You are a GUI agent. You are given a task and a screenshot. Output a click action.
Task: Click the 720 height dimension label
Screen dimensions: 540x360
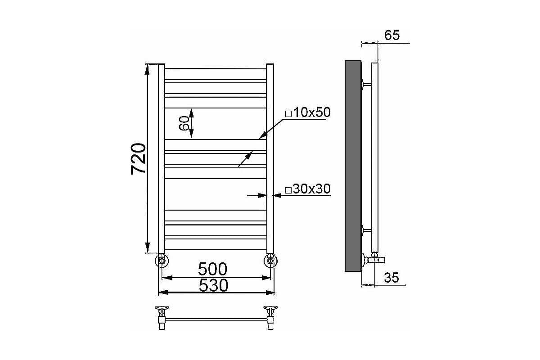point(139,159)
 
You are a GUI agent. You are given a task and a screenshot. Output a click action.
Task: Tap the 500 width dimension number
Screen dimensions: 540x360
point(212,269)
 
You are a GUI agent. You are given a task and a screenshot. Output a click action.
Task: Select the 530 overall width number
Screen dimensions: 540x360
point(213,285)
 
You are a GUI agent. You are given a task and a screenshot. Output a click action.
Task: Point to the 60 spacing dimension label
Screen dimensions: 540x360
point(184,123)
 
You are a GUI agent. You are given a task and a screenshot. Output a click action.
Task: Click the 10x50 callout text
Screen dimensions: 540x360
point(312,112)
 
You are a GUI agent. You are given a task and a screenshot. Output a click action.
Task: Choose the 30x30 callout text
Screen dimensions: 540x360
point(311,189)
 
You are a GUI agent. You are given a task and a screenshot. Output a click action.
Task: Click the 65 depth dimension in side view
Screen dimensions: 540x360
point(392,35)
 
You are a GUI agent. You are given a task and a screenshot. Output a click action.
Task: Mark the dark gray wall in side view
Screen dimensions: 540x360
point(353,166)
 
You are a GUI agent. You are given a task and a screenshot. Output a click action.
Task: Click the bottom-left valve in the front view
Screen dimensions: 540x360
point(162,261)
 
